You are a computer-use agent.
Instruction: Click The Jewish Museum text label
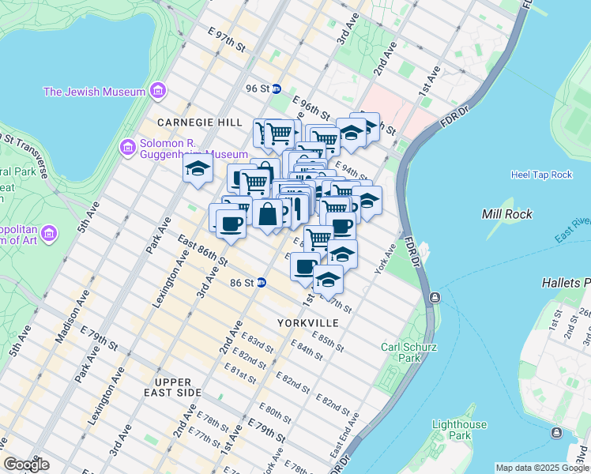pos(94,91)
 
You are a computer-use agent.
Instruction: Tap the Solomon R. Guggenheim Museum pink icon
pos(126,148)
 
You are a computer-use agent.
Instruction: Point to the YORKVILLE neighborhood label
pos(308,323)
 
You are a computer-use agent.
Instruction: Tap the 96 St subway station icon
pos(277,88)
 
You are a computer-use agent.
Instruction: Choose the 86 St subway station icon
pos(261,282)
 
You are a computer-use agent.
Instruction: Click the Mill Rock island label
pos(506,214)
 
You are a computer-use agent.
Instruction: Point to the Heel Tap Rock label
pos(541,175)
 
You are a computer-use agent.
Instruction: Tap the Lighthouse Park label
pos(458,430)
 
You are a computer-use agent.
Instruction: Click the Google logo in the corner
pos(26,465)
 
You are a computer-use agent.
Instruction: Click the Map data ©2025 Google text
pos(542,468)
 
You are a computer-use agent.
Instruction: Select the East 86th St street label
pos(202,250)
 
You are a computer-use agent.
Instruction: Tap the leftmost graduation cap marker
pos(198,168)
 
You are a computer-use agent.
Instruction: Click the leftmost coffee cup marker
pos(230,224)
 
